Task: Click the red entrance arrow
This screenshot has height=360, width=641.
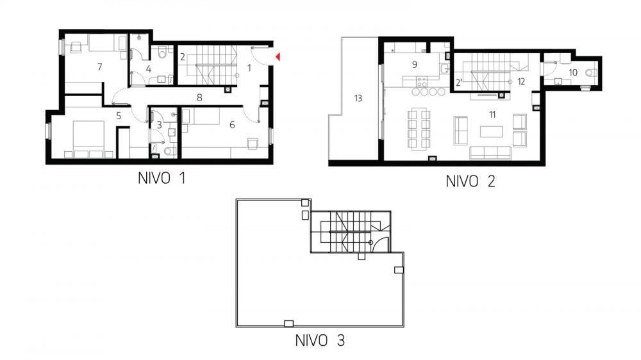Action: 278,58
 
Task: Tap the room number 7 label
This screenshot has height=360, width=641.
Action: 99,67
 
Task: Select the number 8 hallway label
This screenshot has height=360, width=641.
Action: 200,98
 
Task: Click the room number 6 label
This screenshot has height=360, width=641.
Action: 232,124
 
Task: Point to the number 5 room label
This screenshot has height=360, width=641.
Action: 119,116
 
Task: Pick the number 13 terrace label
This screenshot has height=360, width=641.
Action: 358,98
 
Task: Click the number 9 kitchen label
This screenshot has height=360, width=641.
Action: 414,64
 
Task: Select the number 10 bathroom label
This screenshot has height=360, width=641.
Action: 572,72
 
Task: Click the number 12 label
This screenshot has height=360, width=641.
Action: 521,81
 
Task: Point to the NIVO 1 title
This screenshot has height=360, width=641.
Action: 162,179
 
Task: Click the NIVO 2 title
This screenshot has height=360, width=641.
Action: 470,181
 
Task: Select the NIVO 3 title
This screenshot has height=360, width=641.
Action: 320,341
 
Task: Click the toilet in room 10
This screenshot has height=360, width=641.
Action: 593,72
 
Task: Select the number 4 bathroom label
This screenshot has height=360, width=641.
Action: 148,69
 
